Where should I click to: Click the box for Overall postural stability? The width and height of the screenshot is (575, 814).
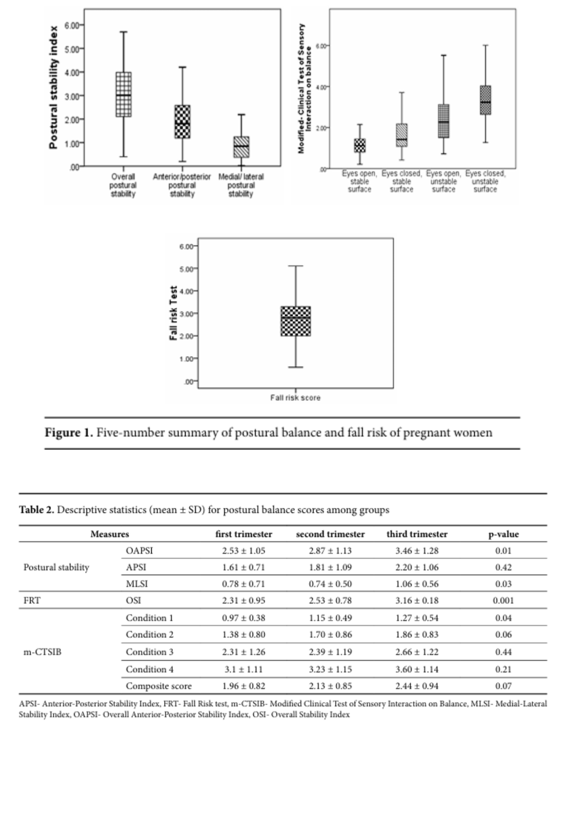point(123,94)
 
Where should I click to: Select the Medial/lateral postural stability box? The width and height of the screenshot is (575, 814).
point(241,147)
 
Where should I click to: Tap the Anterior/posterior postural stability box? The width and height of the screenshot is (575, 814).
point(182,122)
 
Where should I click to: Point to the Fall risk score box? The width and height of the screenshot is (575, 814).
point(296,321)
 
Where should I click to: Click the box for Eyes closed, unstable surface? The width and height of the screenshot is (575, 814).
point(485,100)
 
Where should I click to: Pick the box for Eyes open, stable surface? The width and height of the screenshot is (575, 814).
point(359,145)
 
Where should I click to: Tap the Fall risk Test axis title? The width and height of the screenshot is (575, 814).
point(174,313)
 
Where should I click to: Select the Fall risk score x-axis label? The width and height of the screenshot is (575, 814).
point(296,398)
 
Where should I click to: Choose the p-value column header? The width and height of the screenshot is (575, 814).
point(503,534)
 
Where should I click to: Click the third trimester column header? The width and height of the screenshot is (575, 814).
point(417,534)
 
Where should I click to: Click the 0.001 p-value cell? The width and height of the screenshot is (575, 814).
point(503,600)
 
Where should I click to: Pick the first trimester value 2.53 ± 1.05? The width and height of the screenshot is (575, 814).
point(243,550)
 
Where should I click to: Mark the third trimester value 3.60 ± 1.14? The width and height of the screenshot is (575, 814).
point(417,667)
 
